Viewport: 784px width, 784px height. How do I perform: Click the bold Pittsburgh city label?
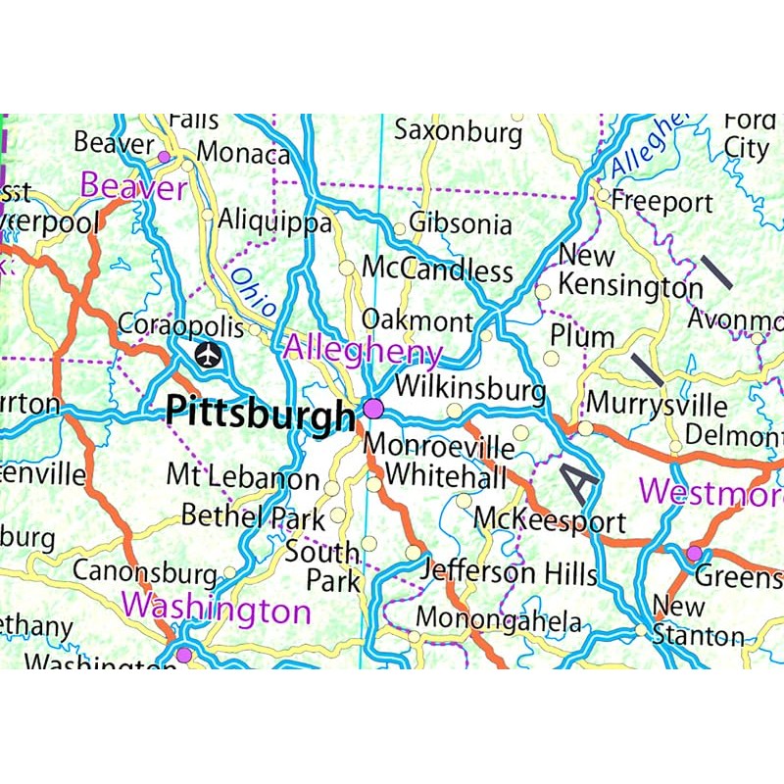[260, 412]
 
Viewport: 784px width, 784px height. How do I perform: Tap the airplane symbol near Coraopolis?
[208, 355]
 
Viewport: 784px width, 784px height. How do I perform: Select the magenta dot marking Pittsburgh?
[373, 408]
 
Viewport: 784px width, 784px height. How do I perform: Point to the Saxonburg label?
[458, 131]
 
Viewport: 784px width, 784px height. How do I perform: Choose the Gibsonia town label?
[461, 224]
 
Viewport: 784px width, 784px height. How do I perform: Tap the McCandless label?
[437, 269]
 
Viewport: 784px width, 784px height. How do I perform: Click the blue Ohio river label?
[249, 290]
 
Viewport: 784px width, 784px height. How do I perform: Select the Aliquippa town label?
[274, 221]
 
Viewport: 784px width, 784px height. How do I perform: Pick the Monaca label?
[244, 155]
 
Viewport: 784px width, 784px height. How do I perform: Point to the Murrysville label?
[657, 405]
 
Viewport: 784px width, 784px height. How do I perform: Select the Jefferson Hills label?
[510, 572]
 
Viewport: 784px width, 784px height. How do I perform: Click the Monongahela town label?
[498, 620]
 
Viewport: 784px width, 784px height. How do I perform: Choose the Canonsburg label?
[144, 571]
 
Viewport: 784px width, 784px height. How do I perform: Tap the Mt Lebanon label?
[242, 476]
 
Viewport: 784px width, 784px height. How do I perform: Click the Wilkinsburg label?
[469, 386]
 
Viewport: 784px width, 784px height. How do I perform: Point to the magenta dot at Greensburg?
[694, 554]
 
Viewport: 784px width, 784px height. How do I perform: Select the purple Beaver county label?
[133, 186]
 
